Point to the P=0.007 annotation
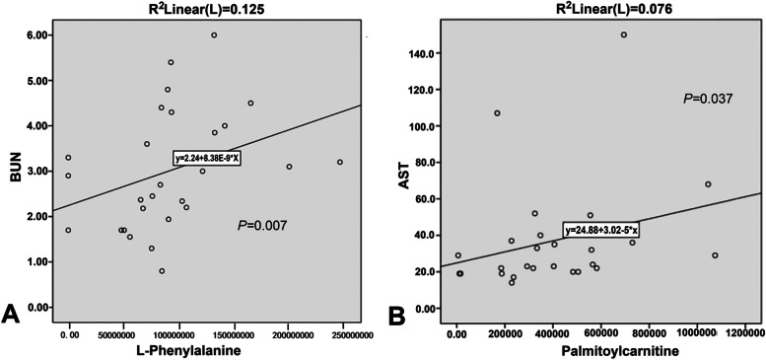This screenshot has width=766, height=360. [x=265, y=226]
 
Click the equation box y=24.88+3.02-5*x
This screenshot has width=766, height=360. [x=602, y=230]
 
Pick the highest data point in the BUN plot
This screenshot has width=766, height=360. [x=214, y=36]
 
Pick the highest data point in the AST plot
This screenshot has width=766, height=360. [x=624, y=35]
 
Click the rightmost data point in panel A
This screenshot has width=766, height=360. [x=339, y=162]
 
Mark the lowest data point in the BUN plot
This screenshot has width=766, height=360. [x=162, y=271]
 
